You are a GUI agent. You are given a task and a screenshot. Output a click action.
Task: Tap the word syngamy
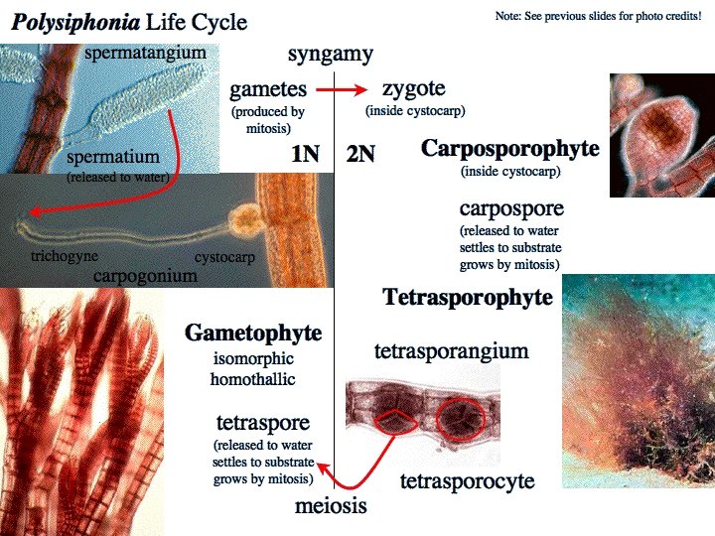point(331,54)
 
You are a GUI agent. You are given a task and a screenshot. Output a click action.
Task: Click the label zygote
point(415,89)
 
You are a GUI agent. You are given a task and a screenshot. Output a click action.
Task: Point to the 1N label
point(306,154)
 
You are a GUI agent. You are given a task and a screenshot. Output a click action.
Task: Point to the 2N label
point(360,154)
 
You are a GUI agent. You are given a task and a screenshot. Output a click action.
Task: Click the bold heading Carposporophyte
point(510,149)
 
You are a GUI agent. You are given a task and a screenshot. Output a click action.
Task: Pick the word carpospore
point(511,209)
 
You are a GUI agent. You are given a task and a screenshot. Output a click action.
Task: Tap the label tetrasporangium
point(451,351)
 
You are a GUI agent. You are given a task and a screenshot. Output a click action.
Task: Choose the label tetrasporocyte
point(467,481)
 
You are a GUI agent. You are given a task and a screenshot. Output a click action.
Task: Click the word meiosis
point(331,506)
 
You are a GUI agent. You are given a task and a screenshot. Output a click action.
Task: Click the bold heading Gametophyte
point(253,333)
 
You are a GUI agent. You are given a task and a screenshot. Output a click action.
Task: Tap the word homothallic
point(253,379)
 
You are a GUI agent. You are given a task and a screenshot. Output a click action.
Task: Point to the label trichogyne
point(64,256)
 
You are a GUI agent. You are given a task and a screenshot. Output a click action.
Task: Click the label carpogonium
point(145,275)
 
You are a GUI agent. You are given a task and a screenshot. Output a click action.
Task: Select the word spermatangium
point(146,52)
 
